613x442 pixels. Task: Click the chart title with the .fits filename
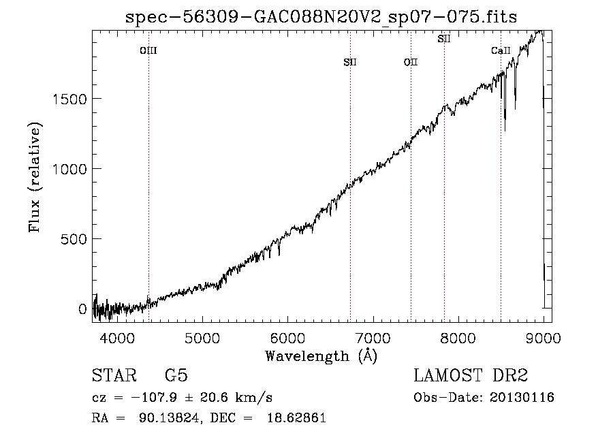pos(321,17)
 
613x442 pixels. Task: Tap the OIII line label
pos(148,51)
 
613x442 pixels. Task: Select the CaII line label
pos(501,51)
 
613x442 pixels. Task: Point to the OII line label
pos(411,63)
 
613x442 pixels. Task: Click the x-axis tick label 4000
pos(117,338)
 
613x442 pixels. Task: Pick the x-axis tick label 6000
pos(288,338)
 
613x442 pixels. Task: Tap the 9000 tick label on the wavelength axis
pos(544,338)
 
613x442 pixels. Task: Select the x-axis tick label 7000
pos(373,338)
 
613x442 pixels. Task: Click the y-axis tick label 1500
pos(69,99)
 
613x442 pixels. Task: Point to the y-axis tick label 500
pos(74,239)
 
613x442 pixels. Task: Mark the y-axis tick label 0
pos(82,309)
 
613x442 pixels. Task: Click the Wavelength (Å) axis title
pos(321,356)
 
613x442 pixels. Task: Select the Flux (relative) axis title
pos(35,178)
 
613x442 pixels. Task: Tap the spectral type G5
pos(176,375)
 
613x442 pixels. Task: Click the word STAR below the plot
pos(114,375)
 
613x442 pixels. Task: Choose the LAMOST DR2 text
pos(471,375)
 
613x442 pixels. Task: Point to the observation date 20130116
pos(522,398)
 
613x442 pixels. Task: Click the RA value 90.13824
pos(170,417)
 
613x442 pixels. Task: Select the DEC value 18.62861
pos(296,417)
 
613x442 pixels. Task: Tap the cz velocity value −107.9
pos(154,398)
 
